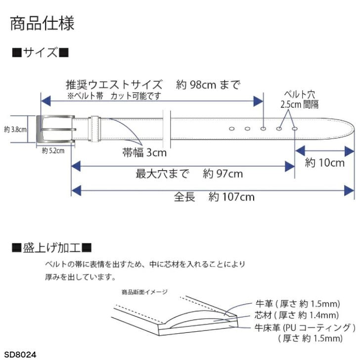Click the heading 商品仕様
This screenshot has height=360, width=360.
[42, 23]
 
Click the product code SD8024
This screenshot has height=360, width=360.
[20, 354]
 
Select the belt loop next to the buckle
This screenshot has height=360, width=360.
[94, 129]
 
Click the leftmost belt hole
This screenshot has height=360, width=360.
[231, 129]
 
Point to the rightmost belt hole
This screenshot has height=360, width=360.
[295, 129]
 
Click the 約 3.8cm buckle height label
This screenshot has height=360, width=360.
[15, 130]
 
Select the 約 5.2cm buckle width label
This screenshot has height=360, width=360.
[53, 151]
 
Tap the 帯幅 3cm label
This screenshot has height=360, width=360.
[144, 152]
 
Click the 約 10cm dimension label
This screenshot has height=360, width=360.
[324, 163]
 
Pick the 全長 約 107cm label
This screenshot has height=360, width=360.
[214, 197]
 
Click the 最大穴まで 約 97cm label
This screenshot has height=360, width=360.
[189, 174]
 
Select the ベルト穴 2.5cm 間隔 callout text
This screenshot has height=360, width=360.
[299, 99]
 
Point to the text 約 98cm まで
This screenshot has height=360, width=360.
[208, 85]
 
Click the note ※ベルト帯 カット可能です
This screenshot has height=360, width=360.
[114, 96]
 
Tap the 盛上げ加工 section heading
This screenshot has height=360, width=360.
[52, 248]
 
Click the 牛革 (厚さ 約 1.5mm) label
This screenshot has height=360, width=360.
[298, 304]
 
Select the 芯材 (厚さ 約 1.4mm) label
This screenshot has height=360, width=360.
[296, 315]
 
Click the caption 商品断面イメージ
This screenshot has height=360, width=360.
[144, 292]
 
